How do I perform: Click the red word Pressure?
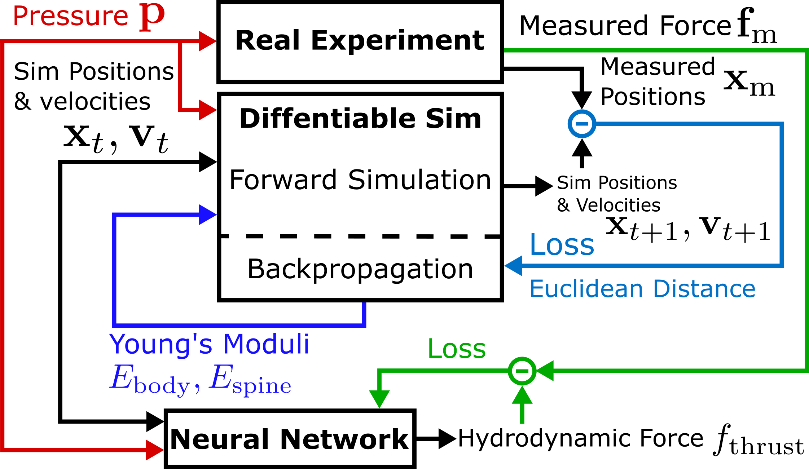tap(70, 16)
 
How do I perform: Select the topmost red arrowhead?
tap(207, 41)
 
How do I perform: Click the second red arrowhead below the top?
tap(207, 110)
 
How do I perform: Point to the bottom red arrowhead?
tap(154, 450)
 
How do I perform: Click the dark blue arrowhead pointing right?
tap(207, 214)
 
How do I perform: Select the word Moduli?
tap(266, 344)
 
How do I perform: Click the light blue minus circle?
tap(582, 124)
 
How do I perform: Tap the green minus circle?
tap(522, 371)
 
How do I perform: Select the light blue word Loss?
tap(562, 245)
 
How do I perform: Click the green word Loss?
tap(457, 349)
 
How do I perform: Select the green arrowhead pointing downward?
tap(379, 399)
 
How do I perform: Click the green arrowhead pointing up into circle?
tap(522, 395)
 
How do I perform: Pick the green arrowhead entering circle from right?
tap(545, 371)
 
